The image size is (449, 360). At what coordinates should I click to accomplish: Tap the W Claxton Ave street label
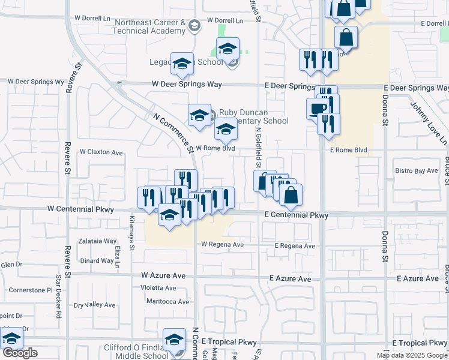101,152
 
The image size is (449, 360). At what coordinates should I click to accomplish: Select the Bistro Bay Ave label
417,171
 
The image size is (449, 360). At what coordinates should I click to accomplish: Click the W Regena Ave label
222,245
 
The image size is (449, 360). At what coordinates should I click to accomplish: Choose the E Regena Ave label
295,246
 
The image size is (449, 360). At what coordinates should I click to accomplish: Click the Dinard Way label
97,261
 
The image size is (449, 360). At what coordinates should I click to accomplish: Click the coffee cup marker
318,108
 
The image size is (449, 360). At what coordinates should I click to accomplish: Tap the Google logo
20,353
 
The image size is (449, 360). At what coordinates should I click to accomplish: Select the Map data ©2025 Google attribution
412,355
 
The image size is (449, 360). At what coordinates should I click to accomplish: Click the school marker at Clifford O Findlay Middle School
175,340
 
